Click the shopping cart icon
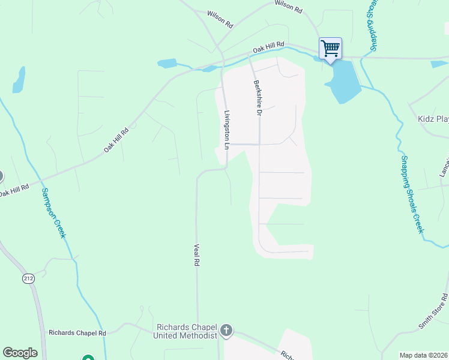[330, 48]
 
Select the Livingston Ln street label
[227, 130]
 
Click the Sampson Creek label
[53, 213]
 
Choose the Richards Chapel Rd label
[77, 332]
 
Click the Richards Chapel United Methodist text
[185, 331]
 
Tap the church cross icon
[226, 329]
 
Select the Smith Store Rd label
[433, 311]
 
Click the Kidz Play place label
[433, 119]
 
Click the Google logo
[20, 353]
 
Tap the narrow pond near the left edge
[19, 80]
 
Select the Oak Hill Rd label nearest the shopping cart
[267, 48]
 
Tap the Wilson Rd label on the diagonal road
[220, 19]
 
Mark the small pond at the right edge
[439, 64]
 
